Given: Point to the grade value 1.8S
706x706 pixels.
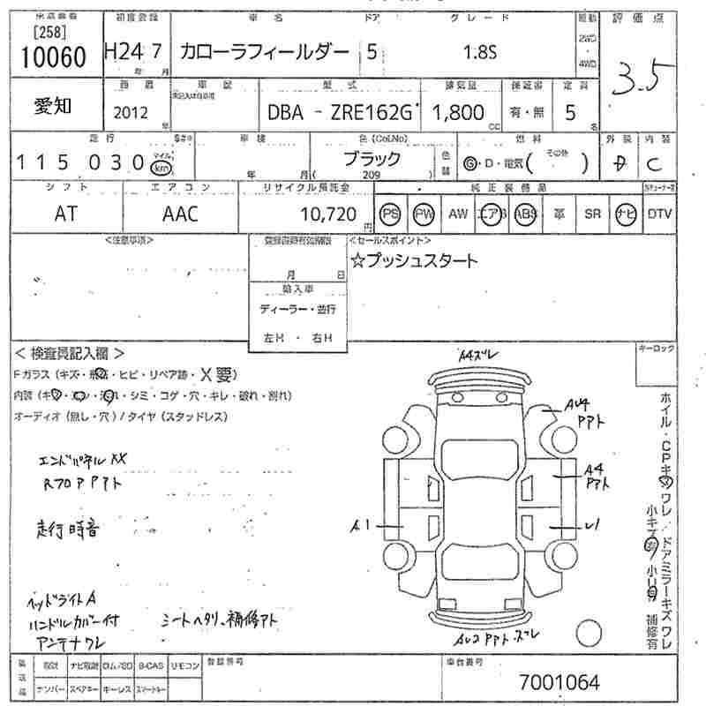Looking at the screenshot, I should pyautogui.click(x=480, y=52).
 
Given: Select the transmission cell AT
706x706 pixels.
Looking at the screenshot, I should pyautogui.click(x=64, y=214).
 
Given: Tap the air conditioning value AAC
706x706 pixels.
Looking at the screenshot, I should pyautogui.click(x=181, y=214).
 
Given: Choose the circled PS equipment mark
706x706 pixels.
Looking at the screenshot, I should pyautogui.click(x=390, y=214).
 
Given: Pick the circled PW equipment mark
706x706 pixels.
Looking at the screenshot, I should pyautogui.click(x=424, y=214).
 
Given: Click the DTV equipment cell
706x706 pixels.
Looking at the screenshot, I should pyautogui.click(x=660, y=214).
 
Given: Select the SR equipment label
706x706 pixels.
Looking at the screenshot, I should pyautogui.click(x=592, y=214).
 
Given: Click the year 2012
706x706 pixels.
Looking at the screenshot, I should pyautogui.click(x=131, y=112).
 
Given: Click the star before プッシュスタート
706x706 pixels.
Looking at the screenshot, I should pyautogui.click(x=357, y=260).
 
